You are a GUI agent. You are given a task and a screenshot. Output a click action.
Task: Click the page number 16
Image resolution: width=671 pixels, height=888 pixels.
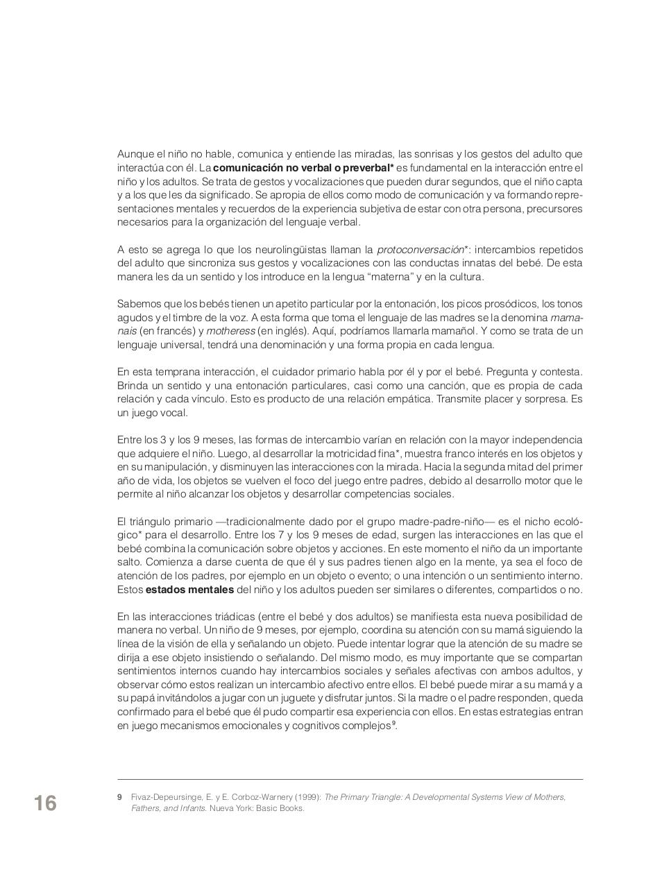pyautogui.click(x=45, y=803)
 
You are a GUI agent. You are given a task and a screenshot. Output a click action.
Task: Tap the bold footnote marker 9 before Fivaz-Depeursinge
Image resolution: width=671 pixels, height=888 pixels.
pyautogui.click(x=120, y=797)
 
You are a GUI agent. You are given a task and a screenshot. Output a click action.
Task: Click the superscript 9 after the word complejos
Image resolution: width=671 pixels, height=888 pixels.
pyautogui.click(x=393, y=724)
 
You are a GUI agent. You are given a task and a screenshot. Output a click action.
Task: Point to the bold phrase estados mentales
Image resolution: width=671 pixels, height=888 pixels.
pyautogui.click(x=189, y=590)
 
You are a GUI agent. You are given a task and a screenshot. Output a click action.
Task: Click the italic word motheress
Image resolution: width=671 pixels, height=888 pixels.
pyautogui.click(x=231, y=331)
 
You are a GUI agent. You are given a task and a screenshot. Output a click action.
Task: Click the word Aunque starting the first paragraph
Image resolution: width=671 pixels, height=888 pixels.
pyautogui.click(x=133, y=154)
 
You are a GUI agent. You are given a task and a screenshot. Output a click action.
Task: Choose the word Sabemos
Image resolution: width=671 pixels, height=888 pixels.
pyautogui.click(x=139, y=304)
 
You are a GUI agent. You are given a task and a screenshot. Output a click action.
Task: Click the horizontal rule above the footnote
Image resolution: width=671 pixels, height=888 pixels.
pyautogui.click(x=350, y=779)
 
